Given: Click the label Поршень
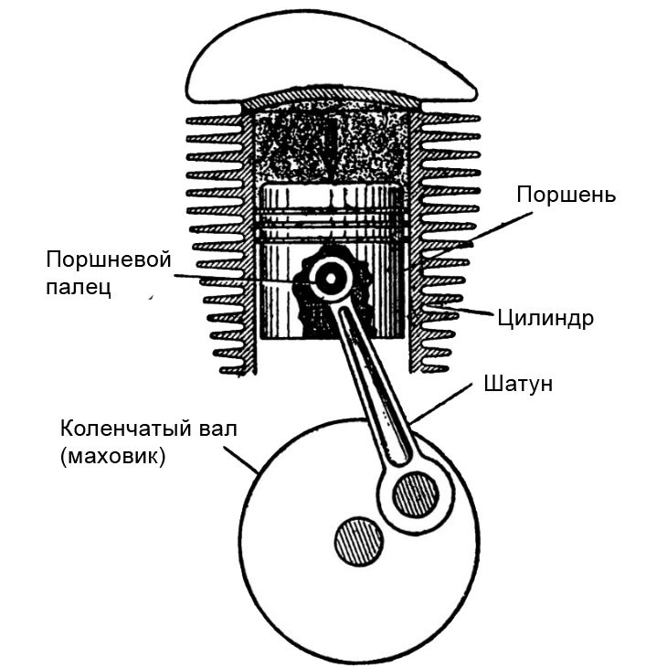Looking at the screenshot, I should pos(566,195).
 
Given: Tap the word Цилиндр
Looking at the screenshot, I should pos(546,319).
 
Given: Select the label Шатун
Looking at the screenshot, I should pos(517,383).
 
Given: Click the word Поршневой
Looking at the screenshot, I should pos(109,259).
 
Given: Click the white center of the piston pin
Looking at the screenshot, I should pos(326,278).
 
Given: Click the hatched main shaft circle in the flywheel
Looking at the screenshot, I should pos(358,541).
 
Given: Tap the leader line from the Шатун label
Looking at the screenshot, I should pos(448,403).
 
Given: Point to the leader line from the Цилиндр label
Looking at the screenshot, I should pos(466,312).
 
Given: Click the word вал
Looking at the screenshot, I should pos(217,429).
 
